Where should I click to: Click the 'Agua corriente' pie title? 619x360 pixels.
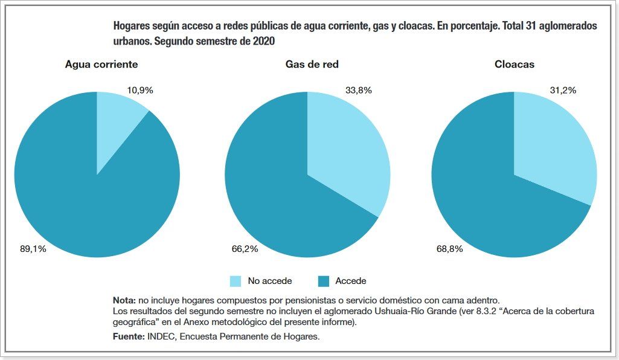pyautogui.click(x=101, y=64)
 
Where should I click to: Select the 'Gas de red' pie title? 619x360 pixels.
pyautogui.click(x=307, y=64)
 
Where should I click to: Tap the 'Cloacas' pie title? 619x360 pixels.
pyautogui.click(x=514, y=64)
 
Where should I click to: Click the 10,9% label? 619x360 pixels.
pyautogui.click(x=140, y=90)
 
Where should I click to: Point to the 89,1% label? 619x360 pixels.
pyautogui.click(x=33, y=248)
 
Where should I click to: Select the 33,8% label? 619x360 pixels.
pyautogui.click(x=359, y=90)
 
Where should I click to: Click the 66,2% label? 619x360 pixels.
pyautogui.click(x=245, y=248)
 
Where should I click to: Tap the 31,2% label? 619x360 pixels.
pyautogui.click(x=563, y=90)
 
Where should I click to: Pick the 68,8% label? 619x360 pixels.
pyautogui.click(x=450, y=248)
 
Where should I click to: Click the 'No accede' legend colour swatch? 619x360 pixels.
pyautogui.click(x=236, y=281)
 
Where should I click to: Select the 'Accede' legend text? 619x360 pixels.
pyautogui.click(x=351, y=281)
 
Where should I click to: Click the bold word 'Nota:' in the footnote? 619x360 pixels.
pyautogui.click(x=124, y=300)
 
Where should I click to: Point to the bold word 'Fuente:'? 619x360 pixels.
pyautogui.click(x=129, y=336)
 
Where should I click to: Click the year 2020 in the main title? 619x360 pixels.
pyautogui.click(x=264, y=42)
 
